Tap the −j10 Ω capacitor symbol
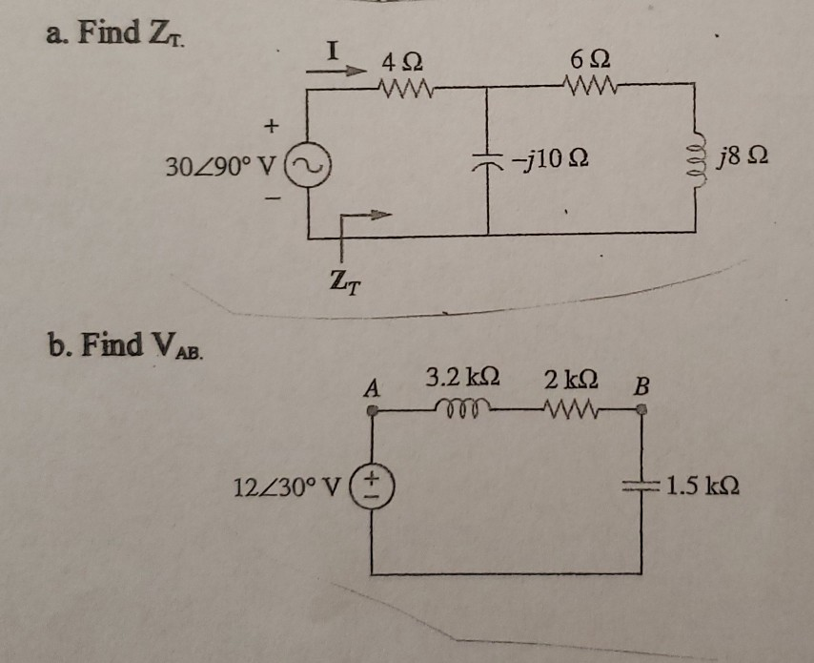click(x=488, y=161)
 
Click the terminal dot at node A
click(x=374, y=411)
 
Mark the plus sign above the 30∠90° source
click(x=273, y=124)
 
